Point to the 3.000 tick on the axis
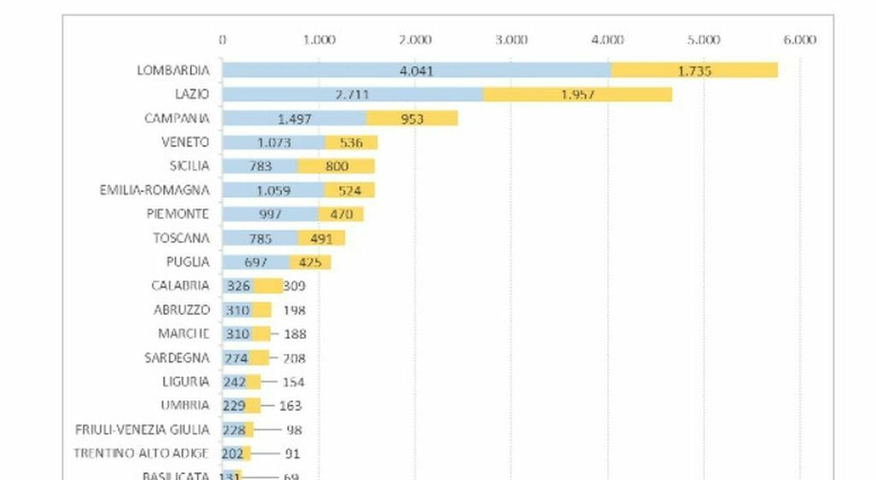[x=511, y=40]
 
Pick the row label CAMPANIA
[x=177, y=118]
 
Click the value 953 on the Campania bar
[x=411, y=119]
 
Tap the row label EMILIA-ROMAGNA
[x=154, y=190]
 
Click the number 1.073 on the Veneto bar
[x=274, y=142]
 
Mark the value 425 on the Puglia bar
[x=310, y=262]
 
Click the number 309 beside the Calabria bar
[x=294, y=286]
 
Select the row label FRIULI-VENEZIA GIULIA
[x=142, y=429]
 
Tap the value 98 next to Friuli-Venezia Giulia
[x=294, y=430]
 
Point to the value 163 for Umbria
[x=291, y=406]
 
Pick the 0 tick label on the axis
[x=222, y=40]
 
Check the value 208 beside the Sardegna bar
[x=294, y=358]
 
